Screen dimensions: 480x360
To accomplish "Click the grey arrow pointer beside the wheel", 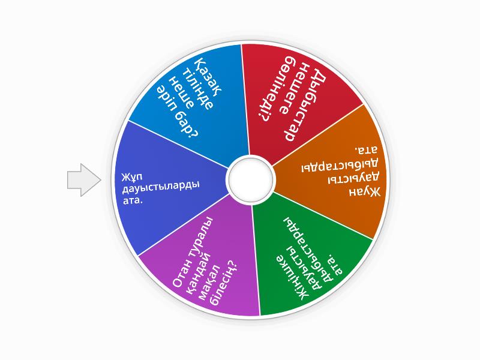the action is (x=84, y=180).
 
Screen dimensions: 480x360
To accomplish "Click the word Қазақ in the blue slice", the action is (x=208, y=77).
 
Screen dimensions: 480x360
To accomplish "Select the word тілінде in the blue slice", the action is (x=197, y=89).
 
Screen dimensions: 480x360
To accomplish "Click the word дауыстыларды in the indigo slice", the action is (x=161, y=187).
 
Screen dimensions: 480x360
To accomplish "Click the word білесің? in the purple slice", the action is (x=223, y=283).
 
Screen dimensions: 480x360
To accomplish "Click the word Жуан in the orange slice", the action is (x=365, y=191).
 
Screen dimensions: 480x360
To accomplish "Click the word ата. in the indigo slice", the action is (x=133, y=200).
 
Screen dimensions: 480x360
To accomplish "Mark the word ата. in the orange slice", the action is (x=365, y=149).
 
